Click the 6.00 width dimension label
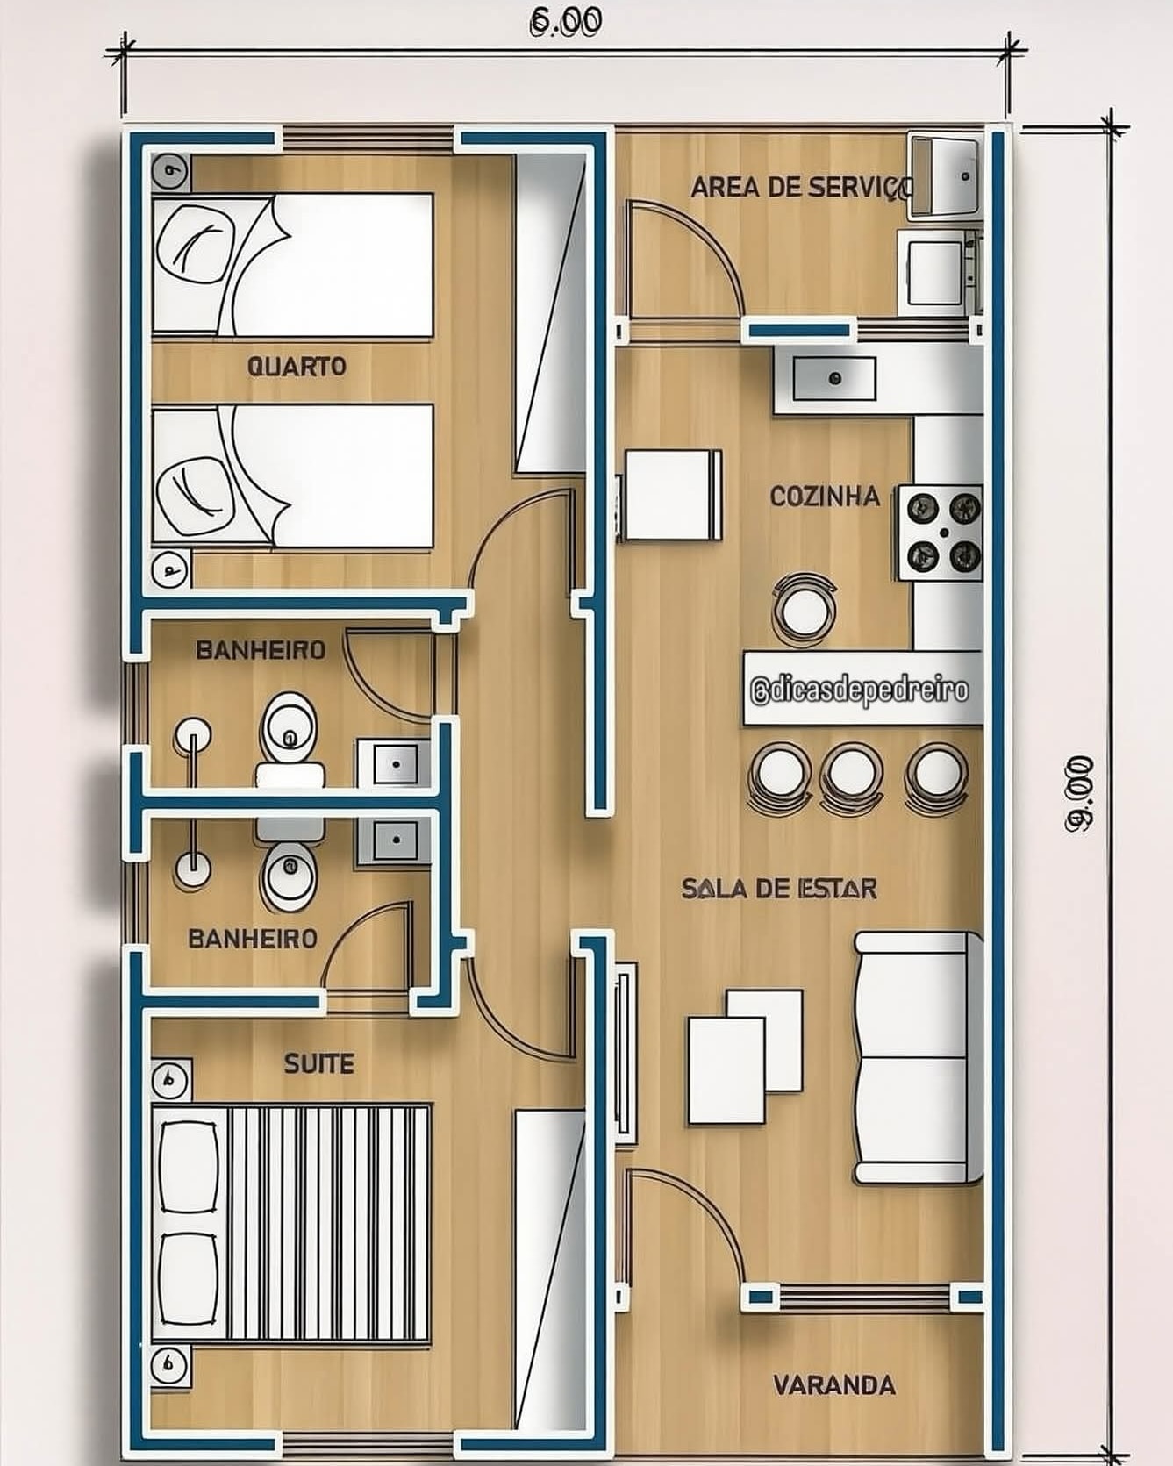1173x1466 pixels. point(566,21)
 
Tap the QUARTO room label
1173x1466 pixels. point(297,366)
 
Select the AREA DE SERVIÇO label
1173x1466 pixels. point(802,187)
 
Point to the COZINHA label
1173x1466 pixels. point(825,497)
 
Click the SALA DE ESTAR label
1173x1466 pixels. point(779,889)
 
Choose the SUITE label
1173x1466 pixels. point(319,1064)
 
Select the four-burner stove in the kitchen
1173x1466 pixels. point(940,533)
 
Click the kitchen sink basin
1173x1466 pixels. point(834,378)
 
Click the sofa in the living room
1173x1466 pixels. point(918,1057)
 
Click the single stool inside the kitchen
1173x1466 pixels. point(804,606)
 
